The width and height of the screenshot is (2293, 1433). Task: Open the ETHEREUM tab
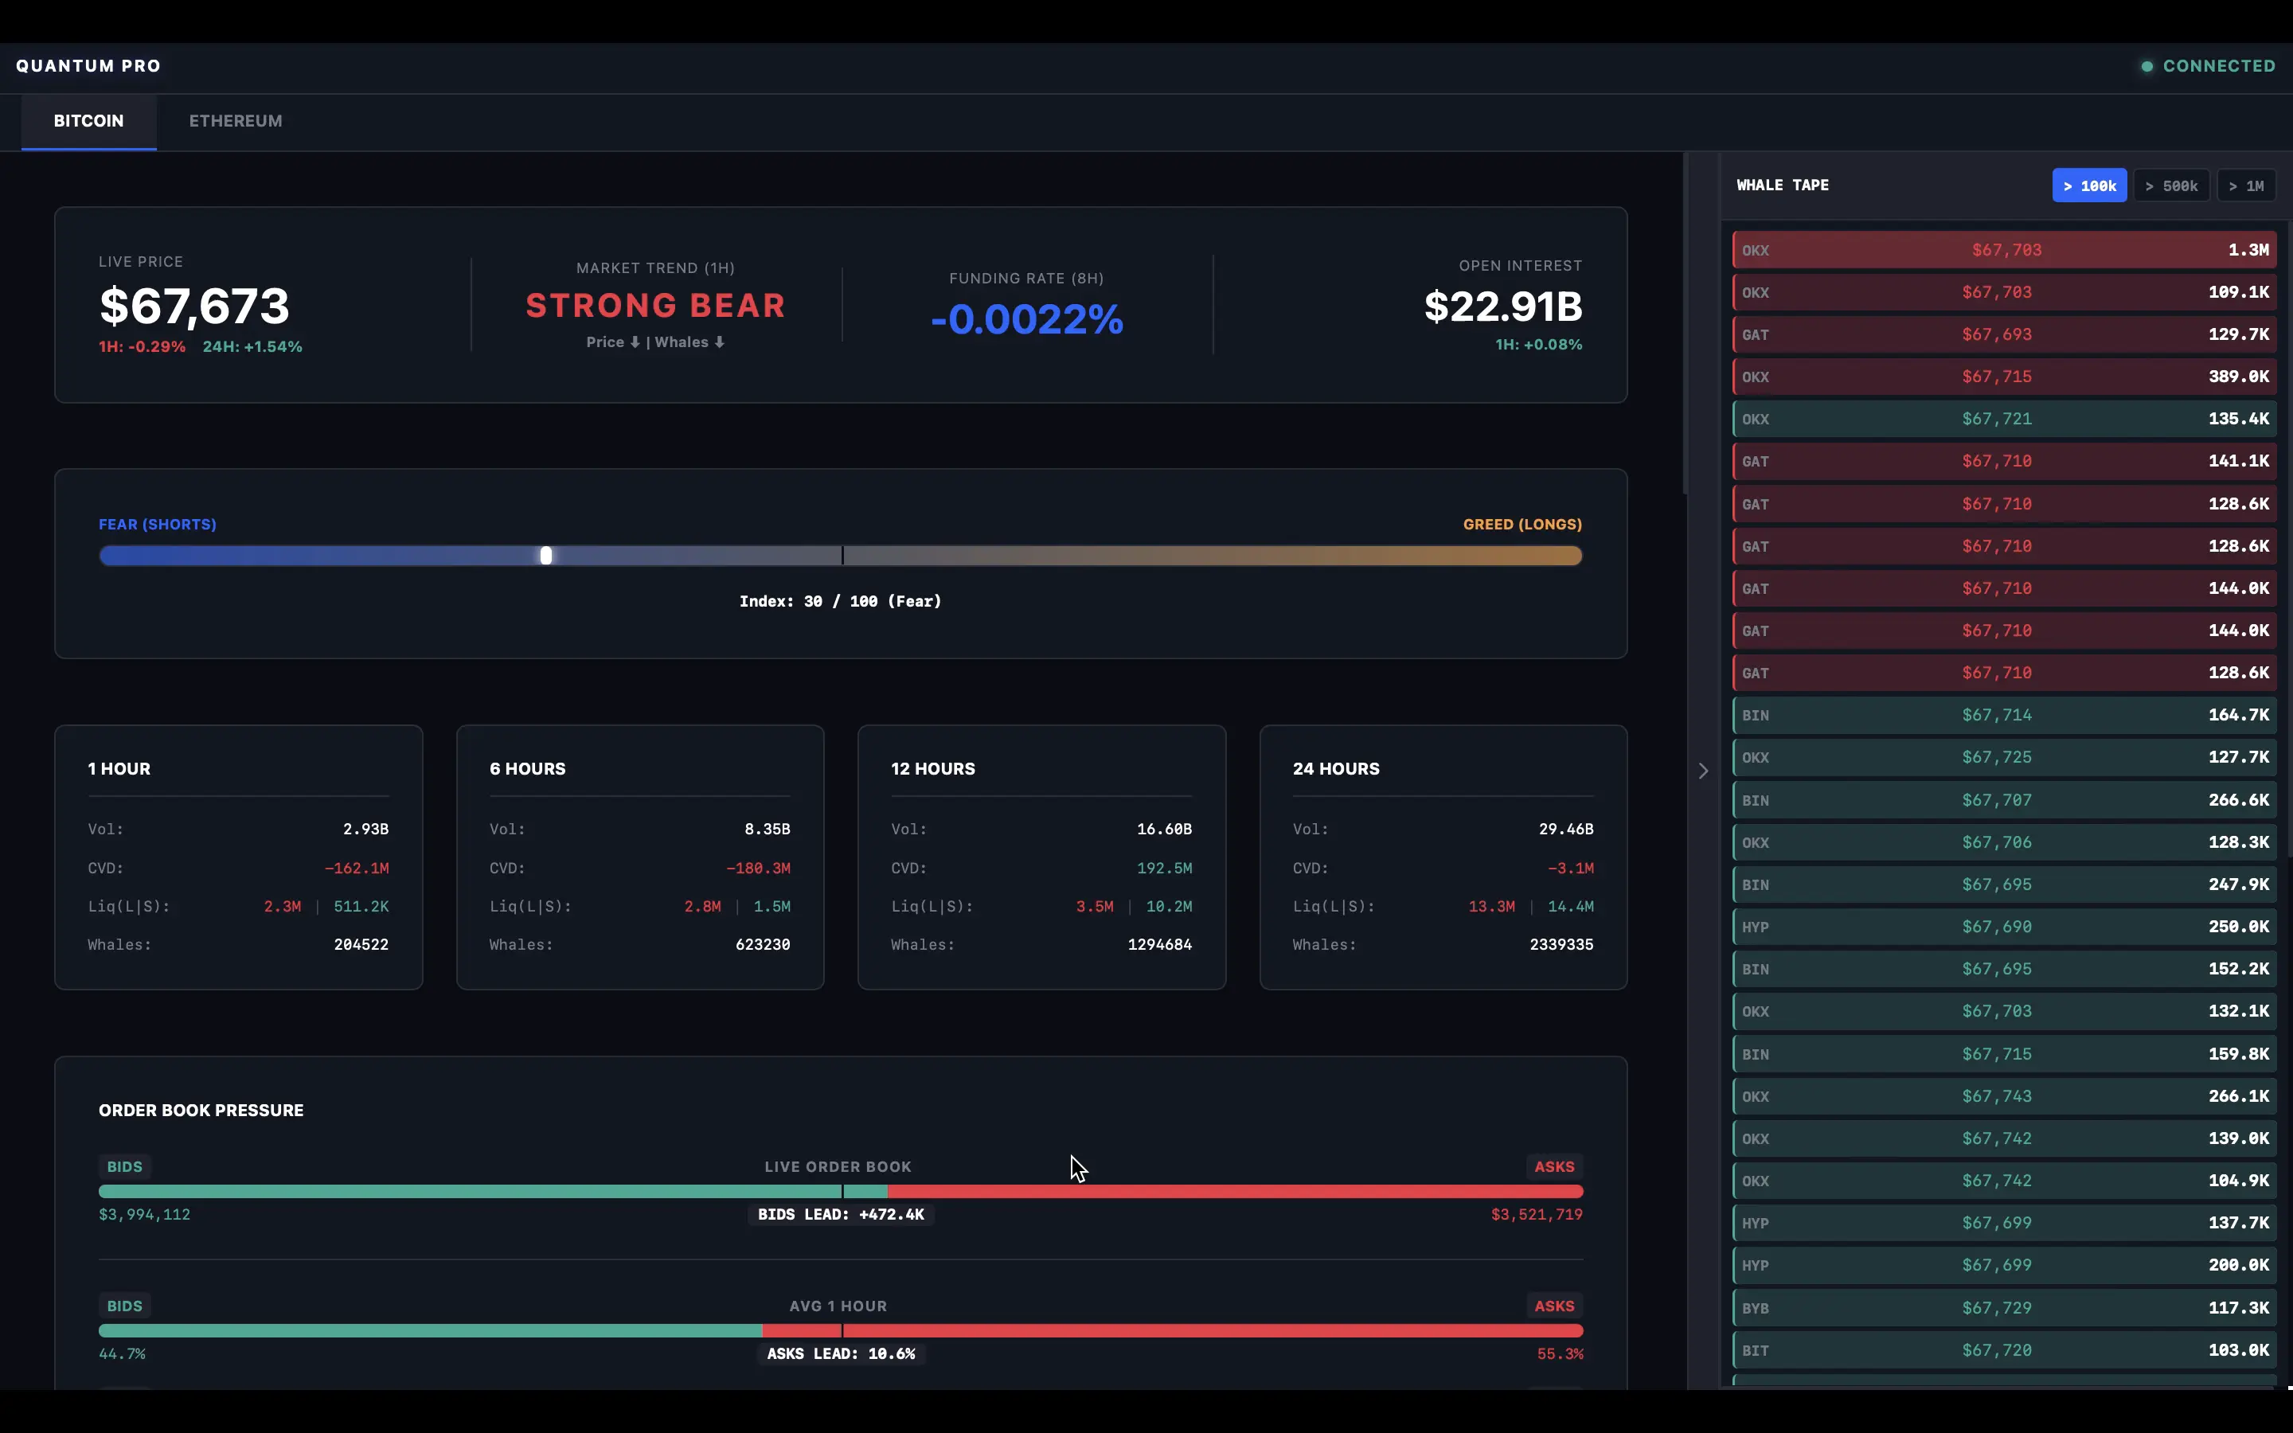[235, 121]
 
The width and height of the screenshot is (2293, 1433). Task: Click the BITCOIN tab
[88, 121]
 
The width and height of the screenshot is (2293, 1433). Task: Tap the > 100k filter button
[2088, 185]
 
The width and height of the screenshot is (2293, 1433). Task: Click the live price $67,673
[194, 307]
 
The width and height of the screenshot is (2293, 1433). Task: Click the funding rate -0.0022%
[1026, 319]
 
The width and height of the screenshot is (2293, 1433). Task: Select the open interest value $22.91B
[1502, 307]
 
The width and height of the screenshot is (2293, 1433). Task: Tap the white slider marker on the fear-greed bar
[545, 556]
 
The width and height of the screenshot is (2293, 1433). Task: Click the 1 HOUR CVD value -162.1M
[356, 868]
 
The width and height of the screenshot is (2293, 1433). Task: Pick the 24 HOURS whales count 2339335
[1561, 945]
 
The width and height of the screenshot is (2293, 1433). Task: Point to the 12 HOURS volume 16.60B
[1163, 830]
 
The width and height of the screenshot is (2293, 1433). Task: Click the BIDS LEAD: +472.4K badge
[841, 1215]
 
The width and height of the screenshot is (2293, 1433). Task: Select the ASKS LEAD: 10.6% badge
[841, 1354]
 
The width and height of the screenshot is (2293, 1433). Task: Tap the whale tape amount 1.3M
[2248, 250]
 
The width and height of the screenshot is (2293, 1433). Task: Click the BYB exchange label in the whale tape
[1755, 1309]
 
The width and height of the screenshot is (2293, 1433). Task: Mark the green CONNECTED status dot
[2147, 66]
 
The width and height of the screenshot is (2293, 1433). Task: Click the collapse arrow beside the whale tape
[1703, 771]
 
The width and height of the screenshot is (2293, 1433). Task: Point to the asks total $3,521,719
[1536, 1215]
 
